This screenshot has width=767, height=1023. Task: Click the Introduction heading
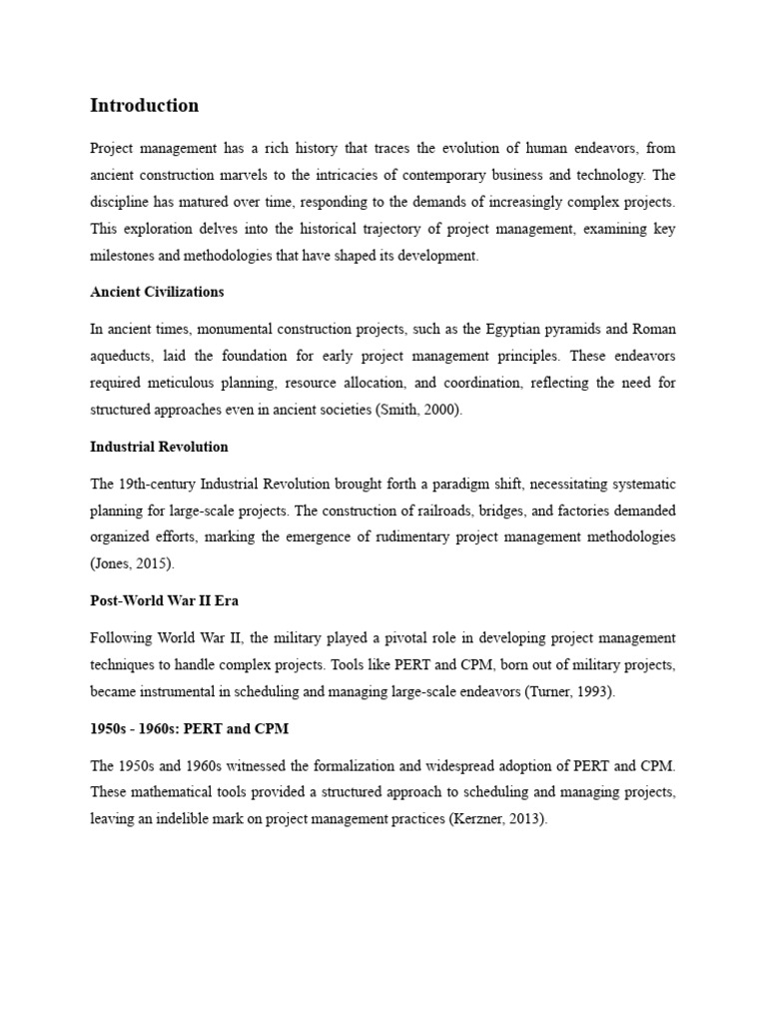coord(144,106)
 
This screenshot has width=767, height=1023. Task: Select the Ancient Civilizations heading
coord(157,293)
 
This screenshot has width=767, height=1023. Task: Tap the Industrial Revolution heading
coord(159,447)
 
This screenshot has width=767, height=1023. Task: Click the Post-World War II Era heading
coord(165,600)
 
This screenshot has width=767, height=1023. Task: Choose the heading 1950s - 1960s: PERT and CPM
coord(189,728)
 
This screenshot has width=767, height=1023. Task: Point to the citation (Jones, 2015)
coord(132,564)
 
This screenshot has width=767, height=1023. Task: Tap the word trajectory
coord(358,229)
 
